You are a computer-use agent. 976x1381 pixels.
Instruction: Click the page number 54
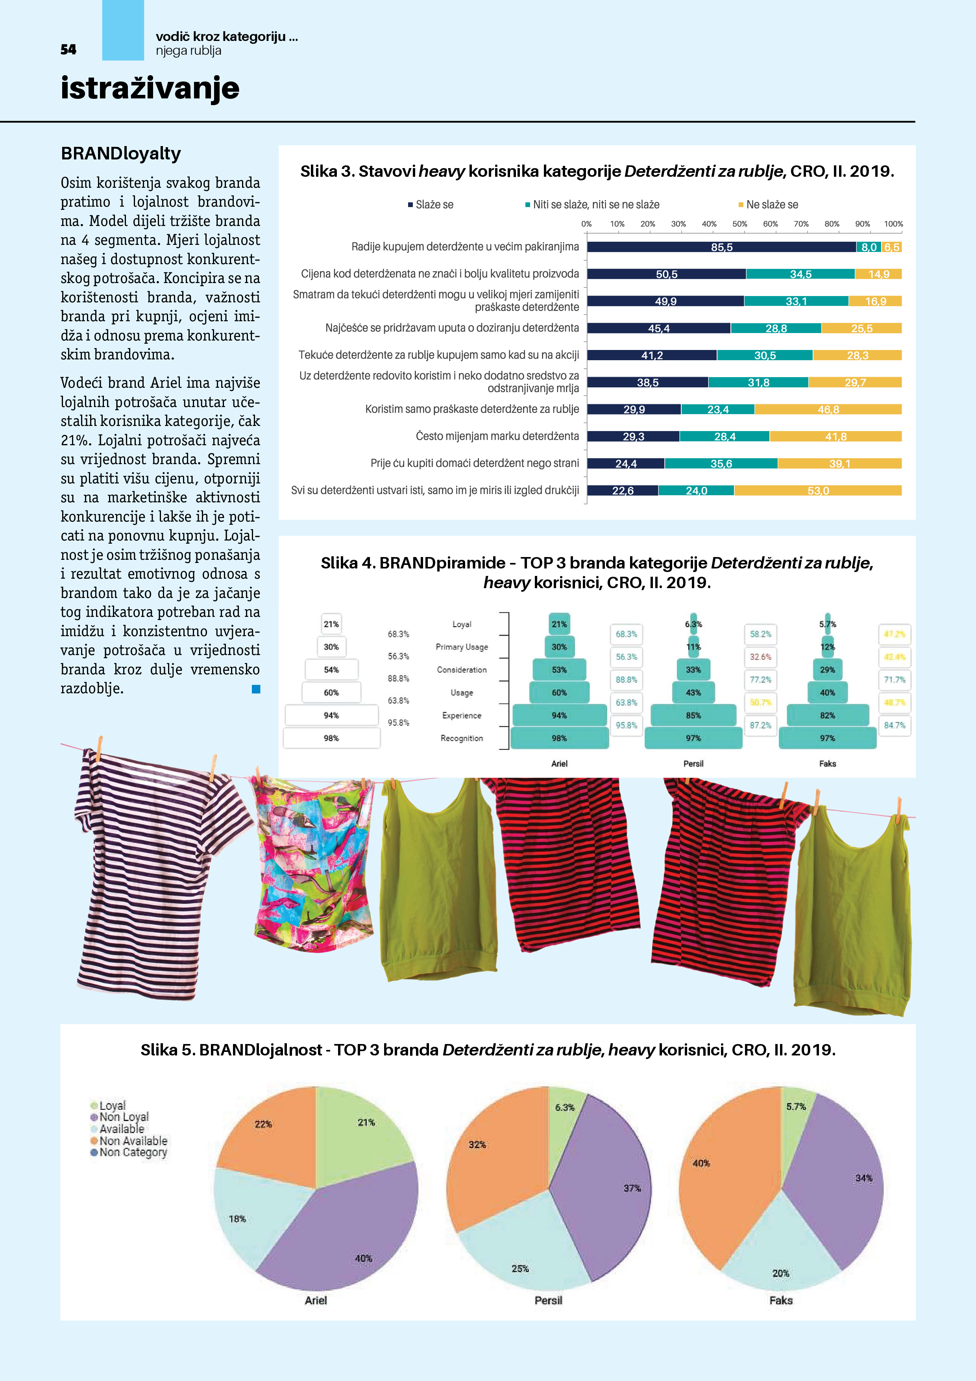pos(68,49)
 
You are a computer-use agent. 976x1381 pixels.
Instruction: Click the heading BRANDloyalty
pos(121,154)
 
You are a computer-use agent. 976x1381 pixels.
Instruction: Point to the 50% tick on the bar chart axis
pos(739,224)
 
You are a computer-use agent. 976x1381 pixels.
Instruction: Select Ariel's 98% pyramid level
pos(559,738)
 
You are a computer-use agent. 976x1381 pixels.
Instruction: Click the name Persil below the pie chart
pos(548,1300)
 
